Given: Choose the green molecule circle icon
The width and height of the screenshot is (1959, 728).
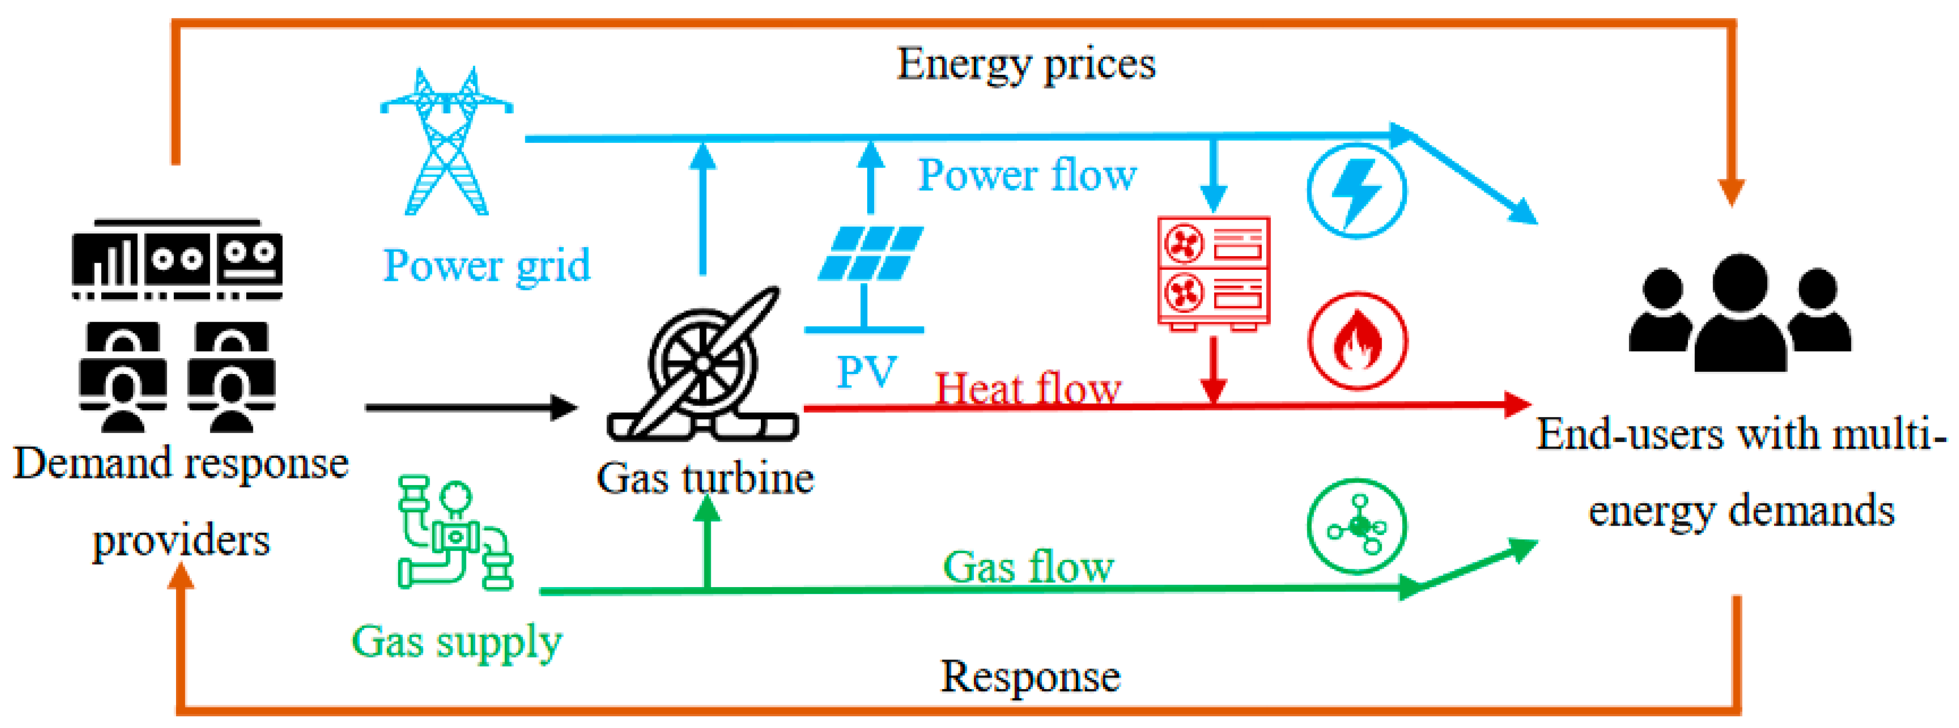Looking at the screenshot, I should tap(1357, 526).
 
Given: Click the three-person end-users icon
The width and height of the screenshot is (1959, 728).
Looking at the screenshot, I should tap(1740, 313).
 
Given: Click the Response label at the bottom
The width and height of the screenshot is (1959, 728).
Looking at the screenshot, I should tap(1031, 676).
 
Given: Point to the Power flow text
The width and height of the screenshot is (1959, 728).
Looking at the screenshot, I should tap(1027, 175).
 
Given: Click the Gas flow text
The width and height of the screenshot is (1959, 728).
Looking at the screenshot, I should tap(1028, 567).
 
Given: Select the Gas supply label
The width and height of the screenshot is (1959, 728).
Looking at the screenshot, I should tap(457, 642).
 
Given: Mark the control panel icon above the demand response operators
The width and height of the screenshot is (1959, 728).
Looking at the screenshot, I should tap(177, 258).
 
